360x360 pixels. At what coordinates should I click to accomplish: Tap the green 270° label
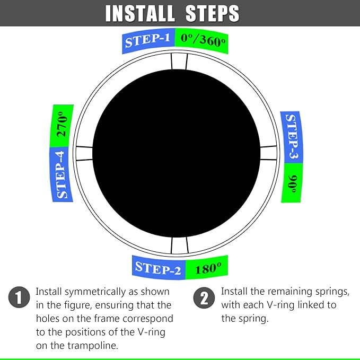(62, 127)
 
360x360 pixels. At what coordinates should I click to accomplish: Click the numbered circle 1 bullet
(19, 298)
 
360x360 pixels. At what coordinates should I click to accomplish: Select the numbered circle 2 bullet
(204, 298)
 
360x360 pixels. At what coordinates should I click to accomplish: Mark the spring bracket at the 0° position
(179, 61)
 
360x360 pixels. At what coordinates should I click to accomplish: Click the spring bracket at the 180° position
(179, 245)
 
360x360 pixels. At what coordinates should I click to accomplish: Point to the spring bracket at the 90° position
(269, 153)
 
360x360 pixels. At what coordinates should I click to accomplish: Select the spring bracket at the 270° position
(84, 153)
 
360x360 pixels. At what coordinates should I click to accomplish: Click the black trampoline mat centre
(179, 153)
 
